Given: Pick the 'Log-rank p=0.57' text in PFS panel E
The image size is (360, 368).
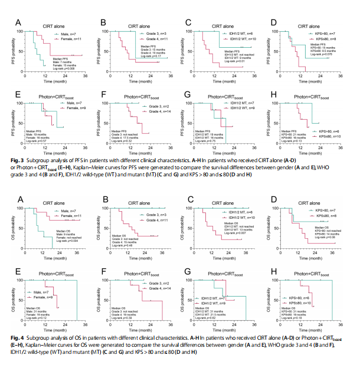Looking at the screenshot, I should coord(36,142).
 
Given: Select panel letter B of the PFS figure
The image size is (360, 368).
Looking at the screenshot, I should coord(104,24).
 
